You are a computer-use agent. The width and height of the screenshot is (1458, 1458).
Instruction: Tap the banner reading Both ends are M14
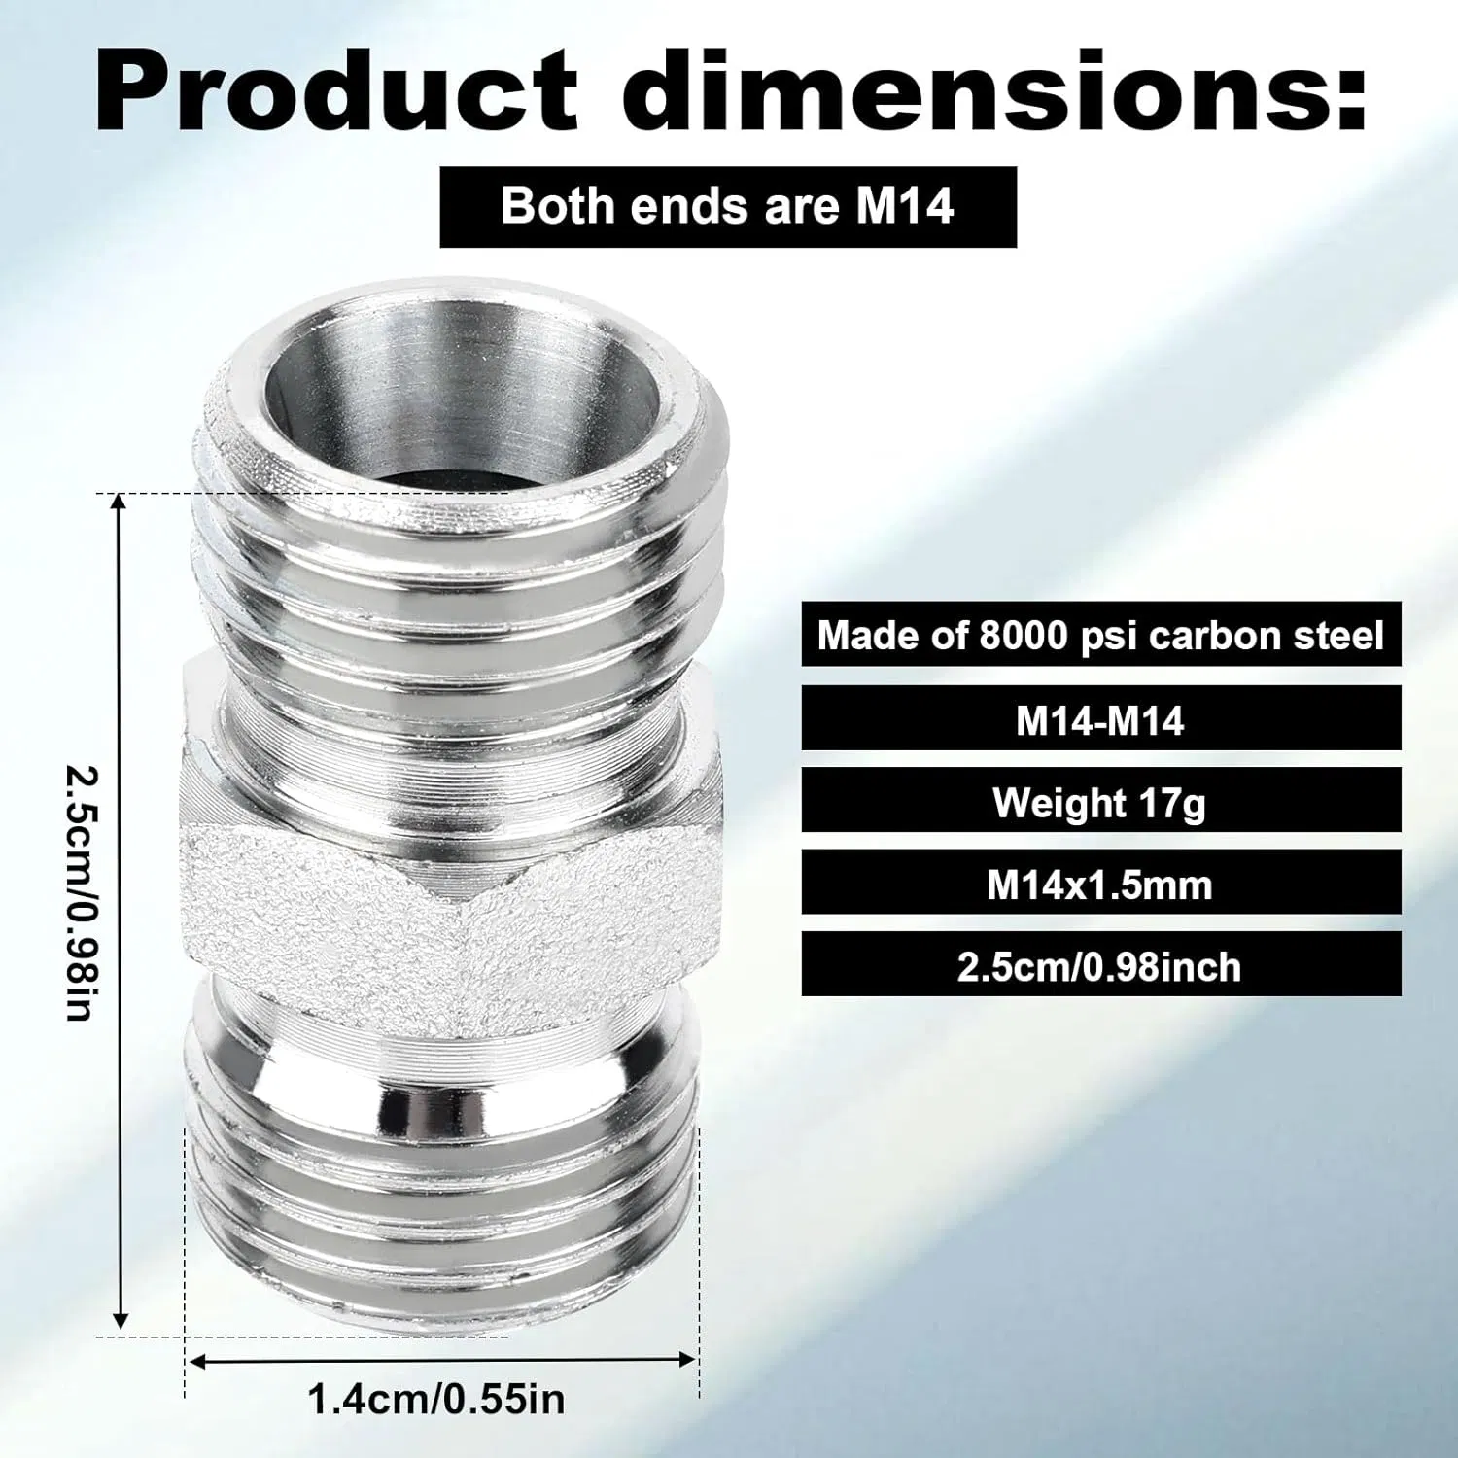tap(728, 207)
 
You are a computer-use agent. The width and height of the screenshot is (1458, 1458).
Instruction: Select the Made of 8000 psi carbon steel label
tap(1100, 636)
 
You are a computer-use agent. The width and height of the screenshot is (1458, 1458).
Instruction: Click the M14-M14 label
tap(1100, 721)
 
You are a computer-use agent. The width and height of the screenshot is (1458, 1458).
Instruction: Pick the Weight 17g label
tap(1100, 803)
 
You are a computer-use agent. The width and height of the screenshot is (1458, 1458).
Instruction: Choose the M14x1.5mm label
tap(1100, 885)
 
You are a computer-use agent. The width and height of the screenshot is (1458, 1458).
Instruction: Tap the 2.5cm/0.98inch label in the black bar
tap(1100, 967)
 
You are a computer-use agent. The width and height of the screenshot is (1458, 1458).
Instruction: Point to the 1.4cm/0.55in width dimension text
tap(436, 1400)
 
